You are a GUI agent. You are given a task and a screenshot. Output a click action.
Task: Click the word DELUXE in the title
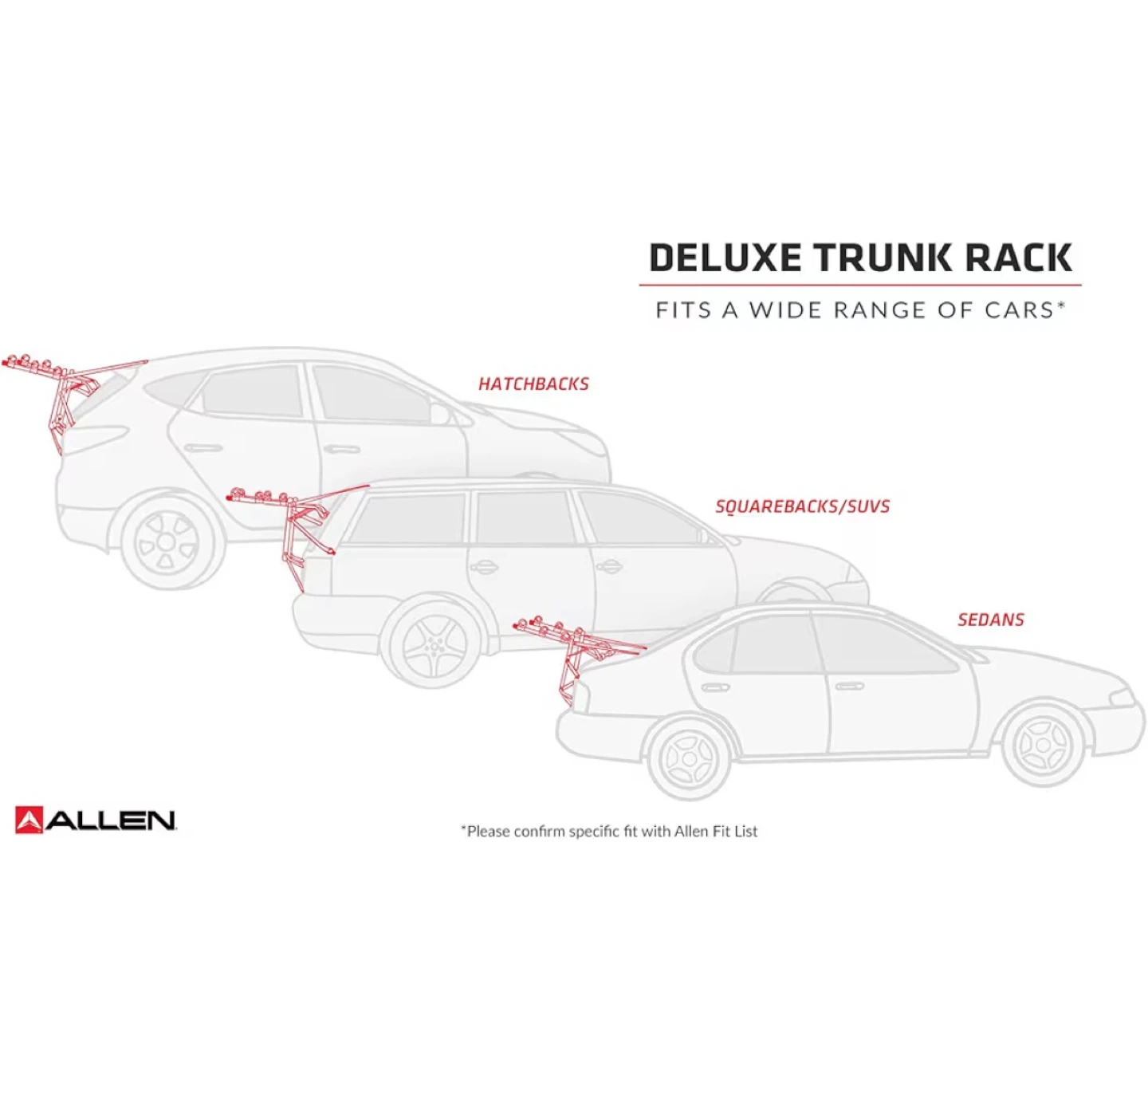click(x=725, y=258)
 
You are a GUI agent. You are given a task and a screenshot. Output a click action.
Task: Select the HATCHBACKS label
click(x=533, y=384)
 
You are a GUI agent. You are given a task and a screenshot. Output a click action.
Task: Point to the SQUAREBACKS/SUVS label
click(x=802, y=506)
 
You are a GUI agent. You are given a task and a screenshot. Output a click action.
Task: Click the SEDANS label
click(x=991, y=620)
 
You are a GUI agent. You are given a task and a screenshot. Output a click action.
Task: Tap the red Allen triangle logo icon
click(x=29, y=820)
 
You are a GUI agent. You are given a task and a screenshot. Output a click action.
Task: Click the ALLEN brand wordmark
click(x=110, y=821)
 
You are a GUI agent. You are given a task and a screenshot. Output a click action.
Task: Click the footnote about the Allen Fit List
click(x=609, y=832)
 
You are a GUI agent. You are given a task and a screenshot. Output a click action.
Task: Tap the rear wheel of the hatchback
click(x=166, y=542)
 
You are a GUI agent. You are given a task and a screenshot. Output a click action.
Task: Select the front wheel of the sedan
click(x=1043, y=745)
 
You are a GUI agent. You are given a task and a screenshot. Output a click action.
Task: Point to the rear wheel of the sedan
click(x=689, y=758)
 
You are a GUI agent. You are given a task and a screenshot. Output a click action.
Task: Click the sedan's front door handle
click(x=849, y=686)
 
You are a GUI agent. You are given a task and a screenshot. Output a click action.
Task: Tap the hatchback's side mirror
click(x=439, y=413)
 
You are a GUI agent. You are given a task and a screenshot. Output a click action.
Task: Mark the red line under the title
click(x=860, y=285)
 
